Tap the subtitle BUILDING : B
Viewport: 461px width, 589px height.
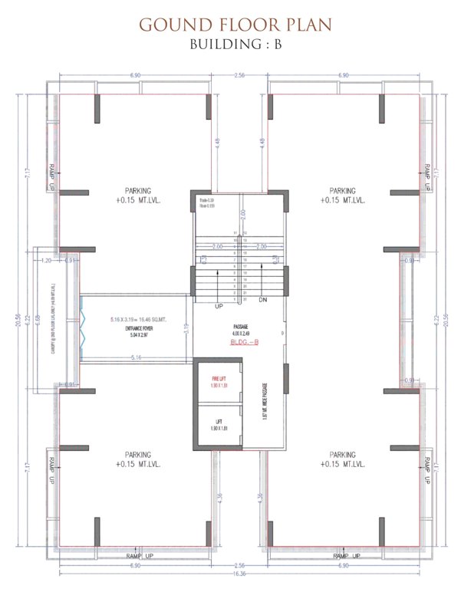click(x=230, y=44)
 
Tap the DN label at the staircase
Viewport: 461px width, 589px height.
click(x=262, y=299)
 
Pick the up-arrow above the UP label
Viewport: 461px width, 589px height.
click(x=221, y=279)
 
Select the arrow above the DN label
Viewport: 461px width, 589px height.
click(x=262, y=279)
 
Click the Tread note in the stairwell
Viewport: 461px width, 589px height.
click(x=203, y=201)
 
